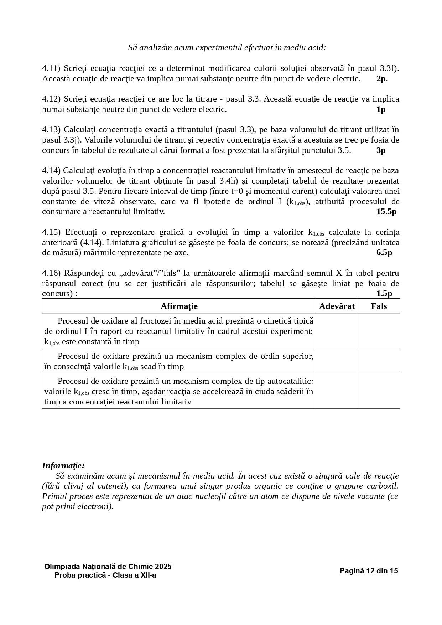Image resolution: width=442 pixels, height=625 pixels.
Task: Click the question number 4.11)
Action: tap(52, 68)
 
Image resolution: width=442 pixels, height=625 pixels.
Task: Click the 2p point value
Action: tap(381, 78)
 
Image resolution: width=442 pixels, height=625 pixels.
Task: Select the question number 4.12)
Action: tap(52, 99)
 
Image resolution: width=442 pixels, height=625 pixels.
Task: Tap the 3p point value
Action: tap(381, 150)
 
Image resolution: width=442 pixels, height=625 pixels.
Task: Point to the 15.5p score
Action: tap(386, 212)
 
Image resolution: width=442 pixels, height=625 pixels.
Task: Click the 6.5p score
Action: tap(384, 253)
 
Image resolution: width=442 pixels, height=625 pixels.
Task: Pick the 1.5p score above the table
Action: tap(384, 294)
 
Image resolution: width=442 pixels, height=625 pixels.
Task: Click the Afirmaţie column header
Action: tap(179, 306)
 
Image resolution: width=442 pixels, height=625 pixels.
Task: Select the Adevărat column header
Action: tap(337, 306)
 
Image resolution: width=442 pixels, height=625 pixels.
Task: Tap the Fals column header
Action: tap(379, 306)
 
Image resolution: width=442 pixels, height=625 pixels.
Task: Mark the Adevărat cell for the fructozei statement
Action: tap(337, 331)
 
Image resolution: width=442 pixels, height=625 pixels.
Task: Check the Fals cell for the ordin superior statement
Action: tap(379, 361)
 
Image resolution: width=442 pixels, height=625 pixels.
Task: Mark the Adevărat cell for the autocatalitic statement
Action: tap(337, 391)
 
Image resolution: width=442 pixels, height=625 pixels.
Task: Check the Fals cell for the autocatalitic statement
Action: tap(379, 391)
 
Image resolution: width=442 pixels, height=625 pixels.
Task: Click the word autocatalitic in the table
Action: tap(289, 381)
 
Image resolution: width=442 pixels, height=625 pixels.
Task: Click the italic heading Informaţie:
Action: tap(63, 465)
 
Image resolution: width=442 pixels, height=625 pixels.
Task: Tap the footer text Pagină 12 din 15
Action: tap(369, 571)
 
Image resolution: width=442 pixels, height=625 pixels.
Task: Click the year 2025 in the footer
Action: tap(163, 567)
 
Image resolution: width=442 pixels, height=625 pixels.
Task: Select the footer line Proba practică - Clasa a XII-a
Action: tap(105, 575)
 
